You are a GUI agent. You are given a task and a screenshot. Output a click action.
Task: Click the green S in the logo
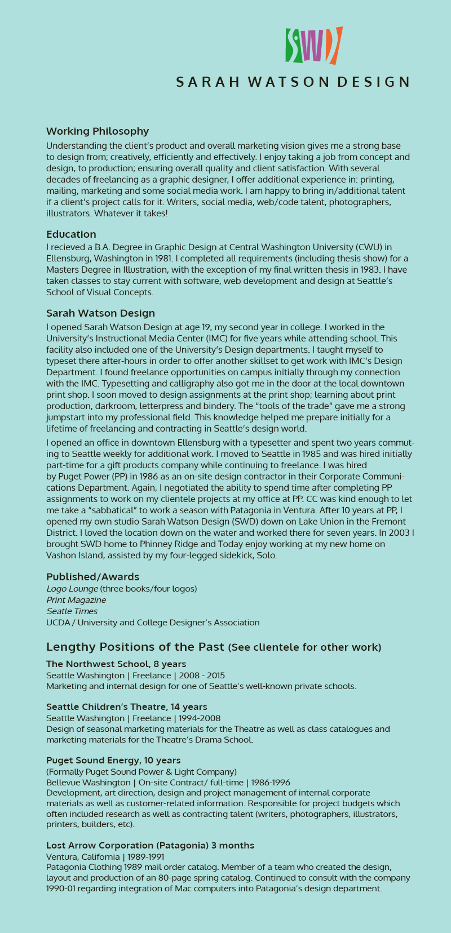(x=293, y=45)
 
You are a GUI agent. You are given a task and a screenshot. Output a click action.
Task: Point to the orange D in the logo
(x=334, y=45)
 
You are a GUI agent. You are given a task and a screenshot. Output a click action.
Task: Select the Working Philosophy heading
(x=98, y=131)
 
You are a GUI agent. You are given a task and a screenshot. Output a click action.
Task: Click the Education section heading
(x=71, y=234)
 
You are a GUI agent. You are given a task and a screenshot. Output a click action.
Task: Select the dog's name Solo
(x=267, y=556)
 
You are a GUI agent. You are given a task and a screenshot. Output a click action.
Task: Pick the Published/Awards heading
(x=92, y=577)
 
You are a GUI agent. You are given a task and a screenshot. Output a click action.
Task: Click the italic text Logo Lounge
(x=72, y=589)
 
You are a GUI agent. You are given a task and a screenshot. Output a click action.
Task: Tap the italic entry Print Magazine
(x=76, y=600)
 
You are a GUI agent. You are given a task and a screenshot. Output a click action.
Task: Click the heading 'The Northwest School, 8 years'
(x=116, y=664)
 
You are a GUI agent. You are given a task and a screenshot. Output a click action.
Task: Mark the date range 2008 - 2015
(x=202, y=676)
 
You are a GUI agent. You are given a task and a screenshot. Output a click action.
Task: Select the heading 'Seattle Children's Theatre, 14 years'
(x=126, y=707)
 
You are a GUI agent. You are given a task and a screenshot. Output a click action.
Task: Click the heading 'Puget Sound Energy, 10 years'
(x=113, y=761)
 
